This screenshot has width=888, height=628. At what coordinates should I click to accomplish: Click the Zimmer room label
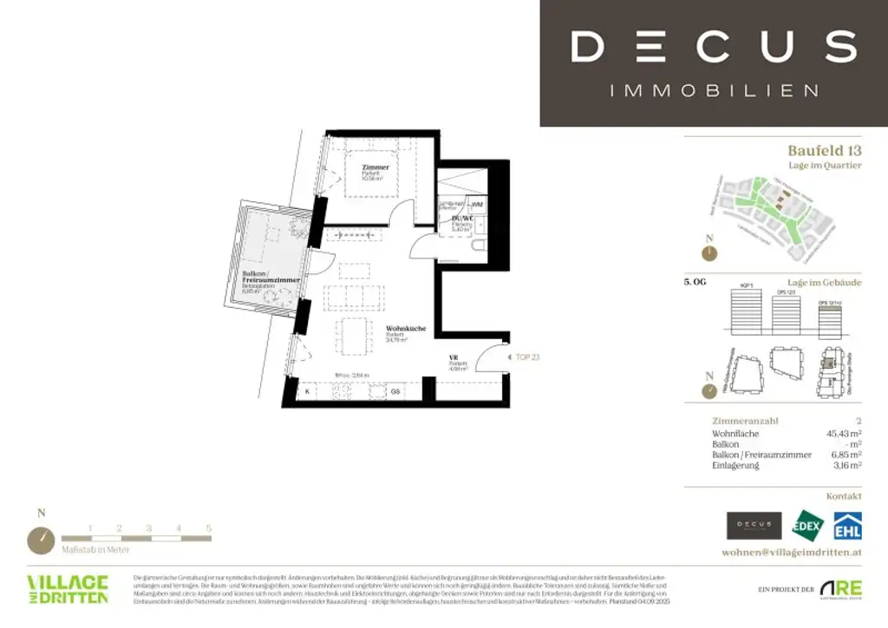pyautogui.click(x=375, y=167)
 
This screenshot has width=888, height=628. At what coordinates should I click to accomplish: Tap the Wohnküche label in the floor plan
pyautogui.click(x=406, y=329)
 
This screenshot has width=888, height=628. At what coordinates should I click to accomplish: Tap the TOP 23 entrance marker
pyautogui.click(x=527, y=357)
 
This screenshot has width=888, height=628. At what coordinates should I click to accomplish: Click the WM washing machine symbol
pyautogui.click(x=477, y=204)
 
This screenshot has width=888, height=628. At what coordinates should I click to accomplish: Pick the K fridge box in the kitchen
pyautogui.click(x=307, y=392)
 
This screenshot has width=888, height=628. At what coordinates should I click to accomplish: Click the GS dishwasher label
pyautogui.click(x=395, y=392)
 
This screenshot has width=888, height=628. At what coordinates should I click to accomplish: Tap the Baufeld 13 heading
pyautogui.click(x=824, y=150)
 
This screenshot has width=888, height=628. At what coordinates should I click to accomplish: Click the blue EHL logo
pyautogui.click(x=847, y=527)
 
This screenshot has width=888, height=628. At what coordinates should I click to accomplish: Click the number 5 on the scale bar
pyautogui.click(x=208, y=527)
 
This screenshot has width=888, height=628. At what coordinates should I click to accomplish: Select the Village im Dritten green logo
pyautogui.click(x=68, y=588)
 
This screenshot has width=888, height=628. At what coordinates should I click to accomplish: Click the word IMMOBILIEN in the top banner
pyautogui.click(x=714, y=90)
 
